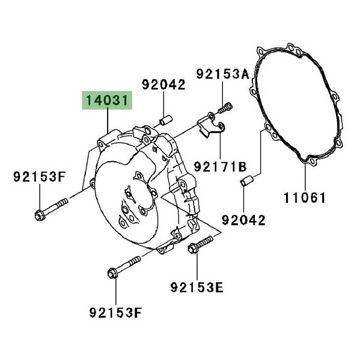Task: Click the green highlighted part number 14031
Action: (x=107, y=100)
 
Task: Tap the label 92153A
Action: (x=222, y=74)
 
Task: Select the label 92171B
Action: (x=220, y=167)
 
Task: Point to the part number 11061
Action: (x=305, y=198)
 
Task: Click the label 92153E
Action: (x=197, y=287)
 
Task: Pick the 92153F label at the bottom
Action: (x=115, y=312)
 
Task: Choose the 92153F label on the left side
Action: (x=39, y=177)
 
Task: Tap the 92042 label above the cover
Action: (x=163, y=84)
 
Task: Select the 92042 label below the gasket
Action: (x=243, y=220)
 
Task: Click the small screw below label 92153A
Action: (x=225, y=108)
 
